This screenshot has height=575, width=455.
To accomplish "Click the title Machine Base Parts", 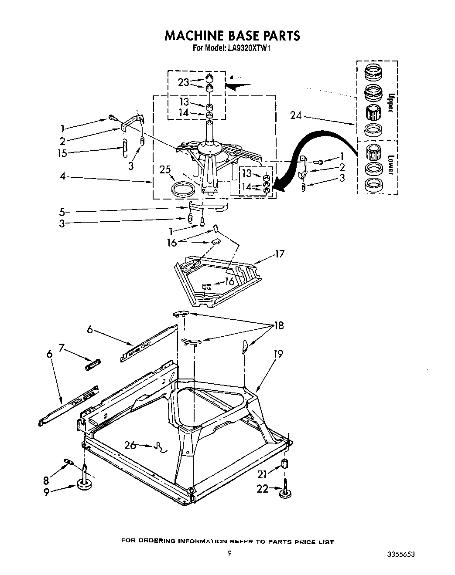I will click(232, 36).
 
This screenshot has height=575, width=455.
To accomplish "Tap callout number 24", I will click(296, 115).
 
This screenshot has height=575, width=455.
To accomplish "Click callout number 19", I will click(277, 354).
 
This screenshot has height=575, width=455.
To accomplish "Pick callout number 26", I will click(130, 445).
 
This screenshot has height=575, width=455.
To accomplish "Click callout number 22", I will click(262, 489).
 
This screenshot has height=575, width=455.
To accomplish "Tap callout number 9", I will click(46, 493).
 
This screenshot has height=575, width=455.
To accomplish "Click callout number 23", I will click(184, 81).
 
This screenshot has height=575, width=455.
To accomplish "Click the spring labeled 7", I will click(93, 364).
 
